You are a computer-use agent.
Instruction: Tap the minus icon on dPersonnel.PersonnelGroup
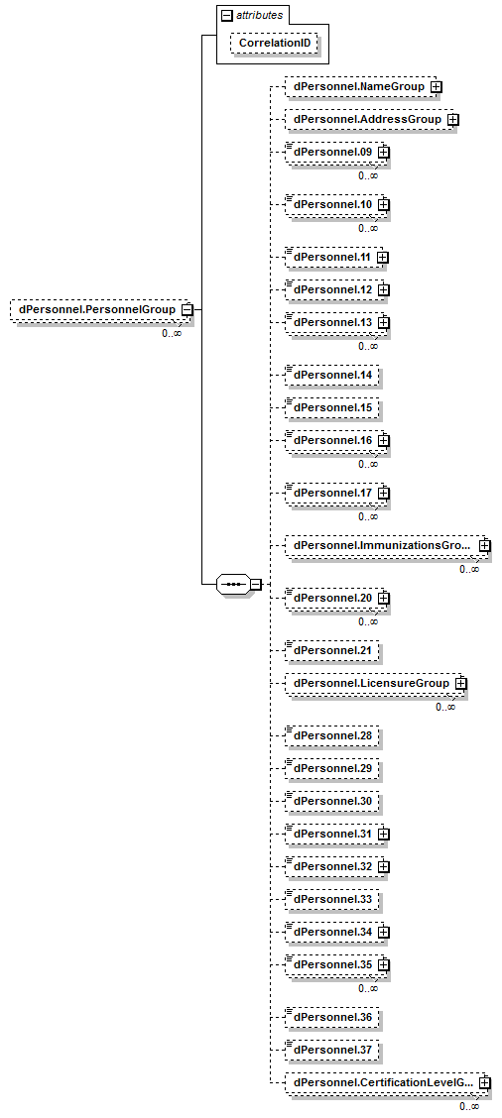(187, 309)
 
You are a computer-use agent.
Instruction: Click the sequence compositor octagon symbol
(233, 585)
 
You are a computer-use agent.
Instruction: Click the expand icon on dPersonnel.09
(384, 152)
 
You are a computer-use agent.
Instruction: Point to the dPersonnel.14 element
(331, 376)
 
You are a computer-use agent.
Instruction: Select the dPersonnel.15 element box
(331, 407)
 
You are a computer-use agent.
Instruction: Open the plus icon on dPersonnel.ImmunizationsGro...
(485, 545)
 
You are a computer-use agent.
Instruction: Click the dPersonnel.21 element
(331, 650)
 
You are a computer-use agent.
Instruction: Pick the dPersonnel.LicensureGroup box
(376, 683)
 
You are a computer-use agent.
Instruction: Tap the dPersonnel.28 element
(331, 735)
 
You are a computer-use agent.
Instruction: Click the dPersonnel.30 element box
(331, 802)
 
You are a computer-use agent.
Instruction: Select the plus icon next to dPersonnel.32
(384, 866)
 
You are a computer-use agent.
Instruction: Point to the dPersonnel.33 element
(331, 899)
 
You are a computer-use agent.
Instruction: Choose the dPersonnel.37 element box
(331, 1050)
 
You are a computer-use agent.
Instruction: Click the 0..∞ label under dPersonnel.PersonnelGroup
(172, 333)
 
